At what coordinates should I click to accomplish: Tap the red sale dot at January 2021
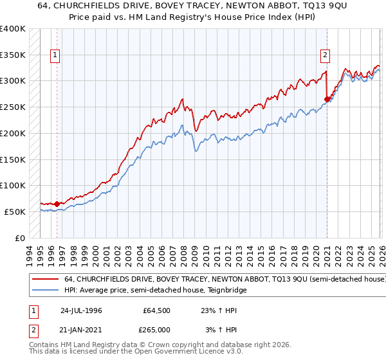327,99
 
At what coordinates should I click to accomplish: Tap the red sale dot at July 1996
57,204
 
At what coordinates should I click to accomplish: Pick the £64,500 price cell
156,310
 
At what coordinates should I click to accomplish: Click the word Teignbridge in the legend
227,291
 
